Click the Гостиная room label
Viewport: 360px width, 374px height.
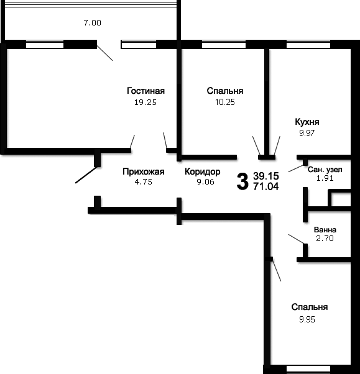pos(145,91)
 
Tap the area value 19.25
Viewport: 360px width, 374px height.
pos(145,103)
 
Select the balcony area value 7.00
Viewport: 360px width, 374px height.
pos(92,22)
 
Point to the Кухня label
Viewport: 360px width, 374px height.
pos(307,122)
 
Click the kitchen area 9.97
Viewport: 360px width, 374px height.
pos(307,133)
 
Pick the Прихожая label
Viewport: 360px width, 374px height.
pos(144,171)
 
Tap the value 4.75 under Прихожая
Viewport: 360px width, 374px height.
pos(143,182)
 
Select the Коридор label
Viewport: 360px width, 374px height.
pos(203,171)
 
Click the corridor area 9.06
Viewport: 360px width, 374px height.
pos(205,182)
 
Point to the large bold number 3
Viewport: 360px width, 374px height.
pos(242,182)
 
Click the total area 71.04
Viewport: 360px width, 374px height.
pos(266,186)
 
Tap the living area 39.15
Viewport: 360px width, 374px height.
pos(266,176)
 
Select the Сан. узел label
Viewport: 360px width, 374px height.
pos(325,170)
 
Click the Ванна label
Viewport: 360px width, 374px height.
pos(325,230)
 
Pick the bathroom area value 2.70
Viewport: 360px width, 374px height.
pos(325,239)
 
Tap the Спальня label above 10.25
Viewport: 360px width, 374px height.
pos(225,91)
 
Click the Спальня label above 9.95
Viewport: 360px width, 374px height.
pos(310,307)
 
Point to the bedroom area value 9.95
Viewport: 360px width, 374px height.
pos(307,319)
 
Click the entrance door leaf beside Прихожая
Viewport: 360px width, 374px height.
pos(86,175)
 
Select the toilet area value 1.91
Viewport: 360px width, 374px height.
pos(325,178)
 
